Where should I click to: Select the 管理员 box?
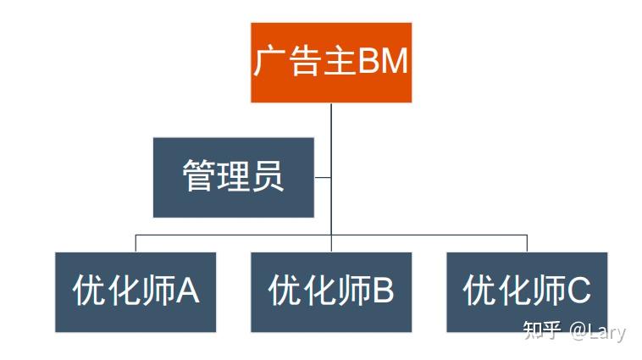(x=233, y=177)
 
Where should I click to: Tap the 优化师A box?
(x=136, y=291)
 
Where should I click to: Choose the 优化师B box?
(x=331, y=291)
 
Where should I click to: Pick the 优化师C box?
(x=527, y=291)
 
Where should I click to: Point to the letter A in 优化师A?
(x=188, y=291)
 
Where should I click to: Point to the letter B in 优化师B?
(x=383, y=291)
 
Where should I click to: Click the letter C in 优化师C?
(x=578, y=291)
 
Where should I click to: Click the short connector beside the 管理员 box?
(x=323, y=177)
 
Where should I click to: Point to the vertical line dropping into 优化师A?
(x=136, y=243)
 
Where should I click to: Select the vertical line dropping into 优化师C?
(x=527, y=243)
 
